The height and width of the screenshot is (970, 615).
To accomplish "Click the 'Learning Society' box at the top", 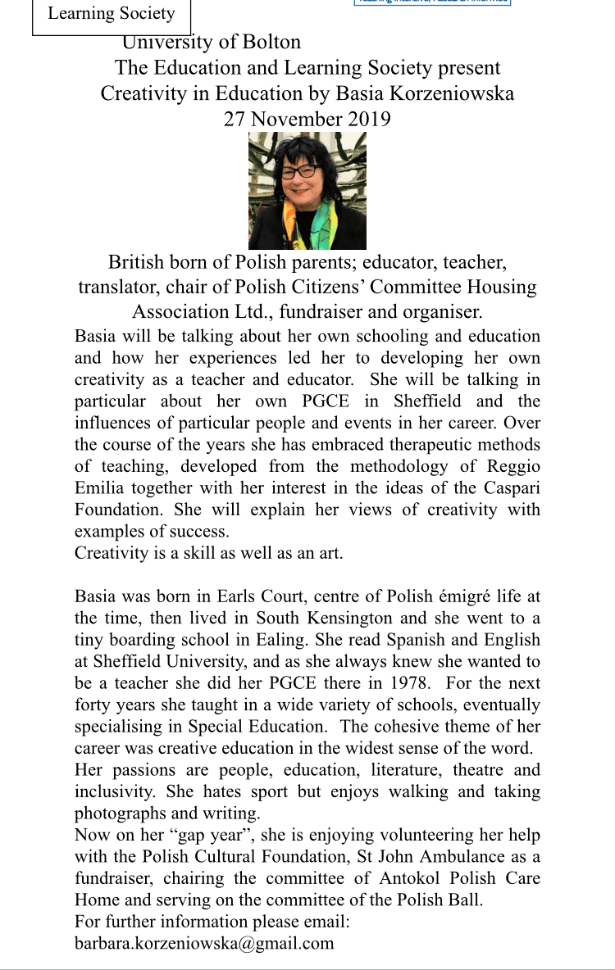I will [112, 14].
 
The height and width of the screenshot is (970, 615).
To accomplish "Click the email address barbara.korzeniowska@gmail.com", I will [204, 943].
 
